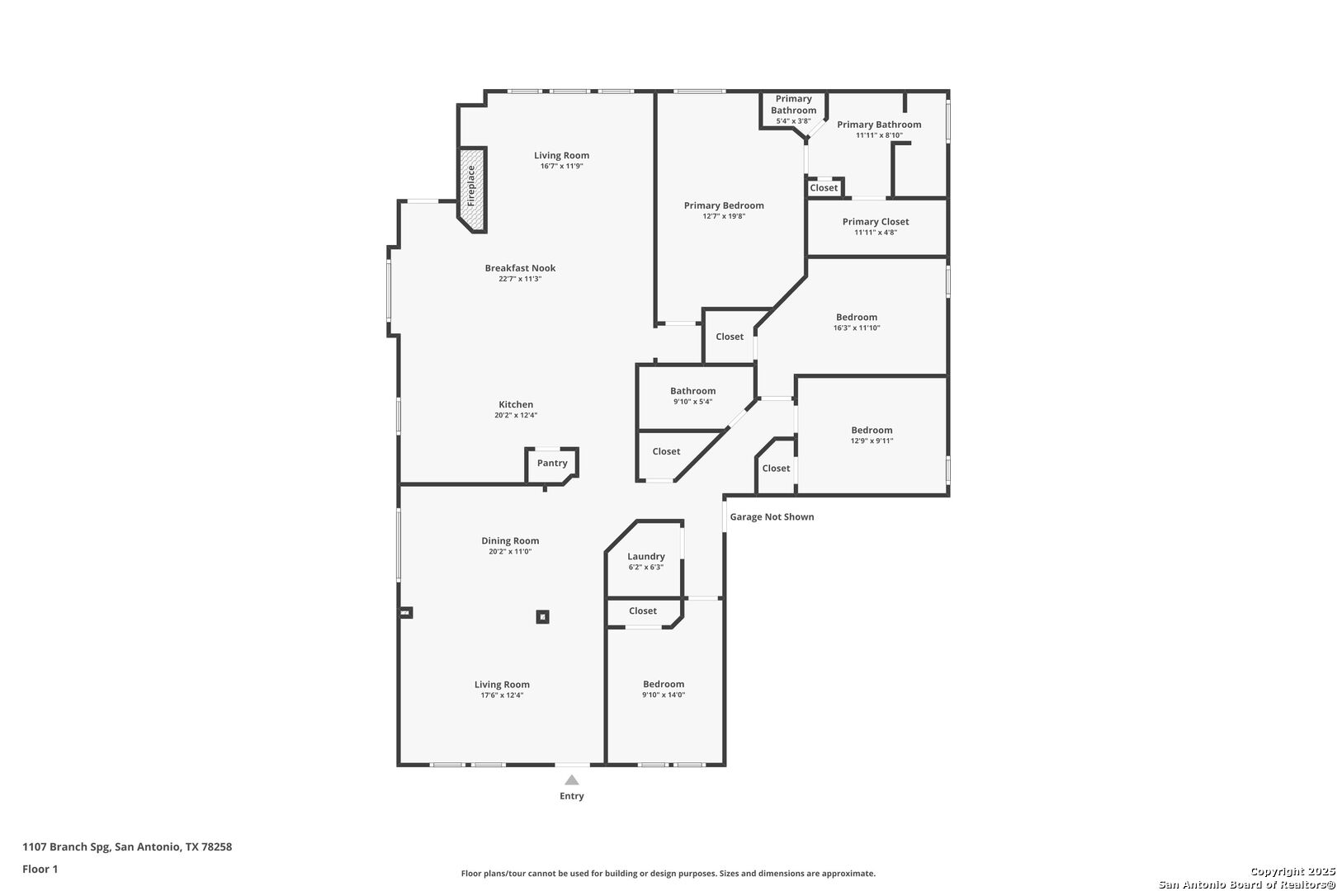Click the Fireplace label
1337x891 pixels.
pos(471,186)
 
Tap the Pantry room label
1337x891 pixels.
pos(552,463)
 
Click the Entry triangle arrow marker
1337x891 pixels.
pos(572,780)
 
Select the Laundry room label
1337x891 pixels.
pos(646,556)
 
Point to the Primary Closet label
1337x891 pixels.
pos(876,221)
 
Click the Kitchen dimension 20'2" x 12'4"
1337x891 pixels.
pos(516,415)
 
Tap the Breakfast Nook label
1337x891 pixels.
pos(520,268)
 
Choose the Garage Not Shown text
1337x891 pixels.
pos(772,516)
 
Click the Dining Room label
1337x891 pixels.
pos(510,540)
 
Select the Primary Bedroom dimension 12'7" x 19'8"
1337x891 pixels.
pos(724,216)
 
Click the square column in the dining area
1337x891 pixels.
pos(542,616)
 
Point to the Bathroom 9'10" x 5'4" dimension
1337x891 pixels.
pos(693,402)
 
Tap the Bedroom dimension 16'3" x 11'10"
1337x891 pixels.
pos(857,328)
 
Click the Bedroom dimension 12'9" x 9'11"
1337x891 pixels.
pos(872,441)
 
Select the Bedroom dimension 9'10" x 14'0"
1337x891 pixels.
pos(664,695)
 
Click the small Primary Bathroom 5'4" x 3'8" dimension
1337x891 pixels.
pos(793,121)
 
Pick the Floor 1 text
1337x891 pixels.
pos(40,869)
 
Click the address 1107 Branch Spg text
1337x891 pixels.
pos(66,846)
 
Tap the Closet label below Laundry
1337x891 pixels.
pos(643,610)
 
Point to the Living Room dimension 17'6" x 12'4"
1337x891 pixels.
pos(502,695)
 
